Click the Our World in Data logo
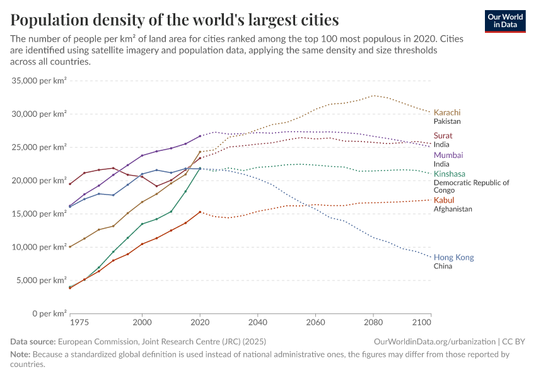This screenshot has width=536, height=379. pos(504,21)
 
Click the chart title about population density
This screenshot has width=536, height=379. pos(174,20)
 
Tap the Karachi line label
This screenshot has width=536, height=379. pos(447,112)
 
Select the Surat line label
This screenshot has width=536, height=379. pos(443,136)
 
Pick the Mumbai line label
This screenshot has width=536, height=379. pos(448,155)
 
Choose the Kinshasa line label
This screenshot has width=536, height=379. pos(450,174)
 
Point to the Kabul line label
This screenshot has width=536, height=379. pos(444,200)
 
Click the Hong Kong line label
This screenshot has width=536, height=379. pos(453,257)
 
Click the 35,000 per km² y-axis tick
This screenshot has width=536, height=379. pos(39,81)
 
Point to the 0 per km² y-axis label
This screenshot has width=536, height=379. pos(49,313)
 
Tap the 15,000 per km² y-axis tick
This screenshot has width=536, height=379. pos(39,214)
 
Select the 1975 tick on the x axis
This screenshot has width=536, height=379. pos(79,323)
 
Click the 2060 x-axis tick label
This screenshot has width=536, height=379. pos(315,323)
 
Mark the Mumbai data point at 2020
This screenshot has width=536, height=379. pos(200,136)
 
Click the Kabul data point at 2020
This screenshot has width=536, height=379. pos(200,212)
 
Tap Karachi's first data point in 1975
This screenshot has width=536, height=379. pos(70,246)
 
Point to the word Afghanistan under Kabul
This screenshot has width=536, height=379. pos(453,209)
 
